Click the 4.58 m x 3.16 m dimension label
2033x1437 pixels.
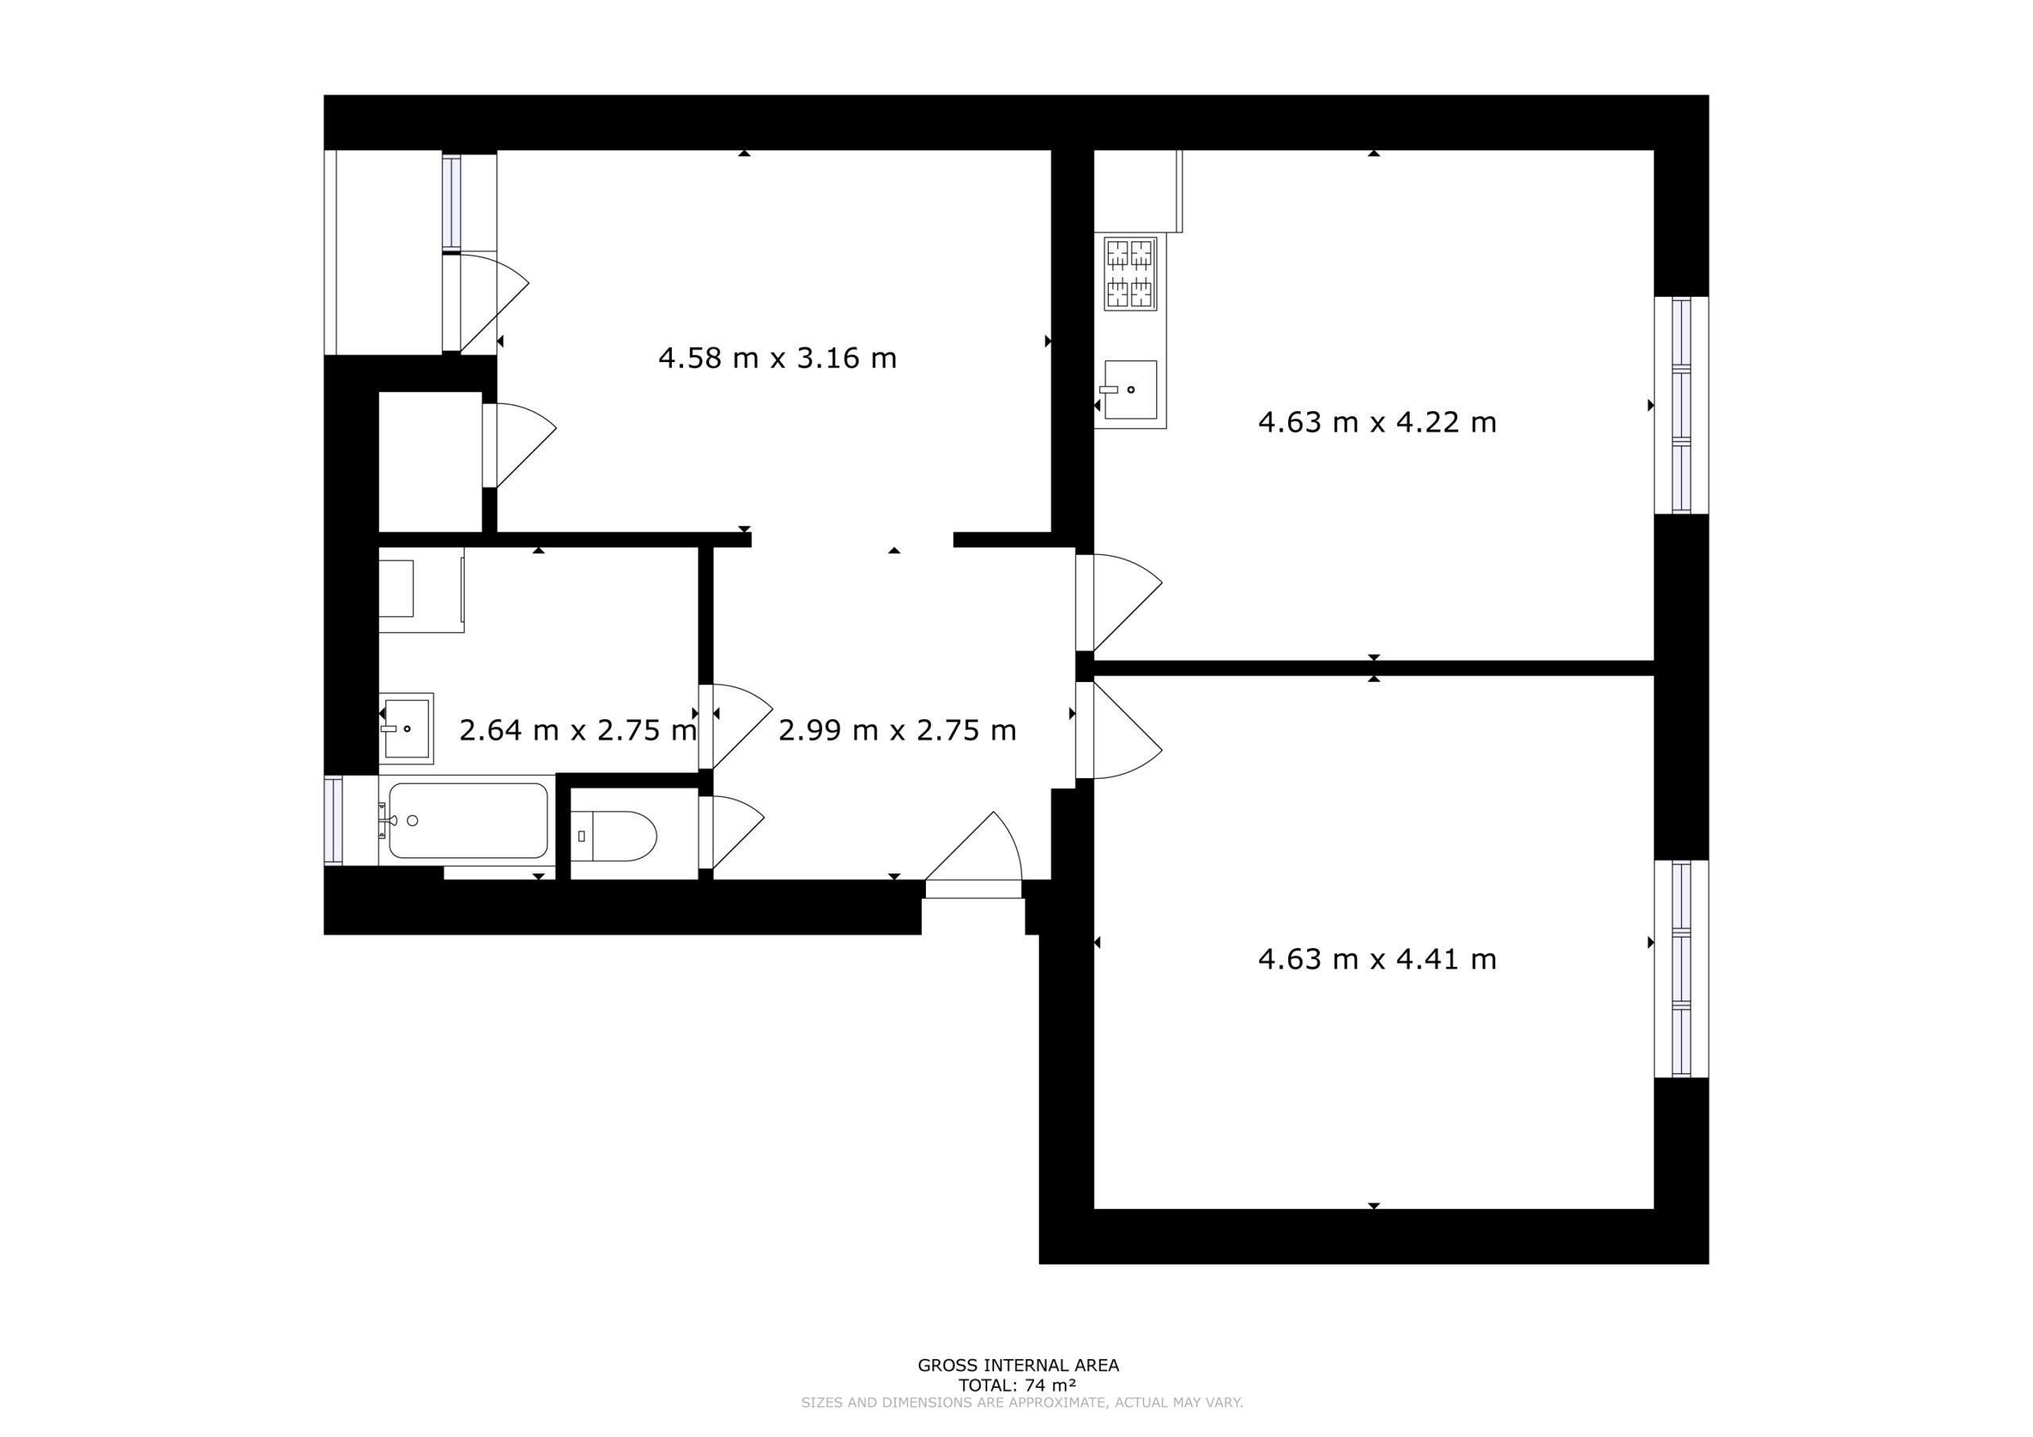[x=777, y=358]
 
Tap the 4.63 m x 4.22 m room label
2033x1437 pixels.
[x=1377, y=422]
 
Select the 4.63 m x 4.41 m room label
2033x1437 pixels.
[x=1377, y=960]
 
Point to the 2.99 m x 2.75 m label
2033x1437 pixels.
[x=897, y=730]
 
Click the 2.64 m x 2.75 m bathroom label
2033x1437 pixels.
[x=578, y=730]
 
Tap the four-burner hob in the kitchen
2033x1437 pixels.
[x=1130, y=274]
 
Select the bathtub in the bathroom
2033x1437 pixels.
[x=468, y=820]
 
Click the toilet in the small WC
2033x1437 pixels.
[x=615, y=836]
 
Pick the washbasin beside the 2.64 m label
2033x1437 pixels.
[x=407, y=729]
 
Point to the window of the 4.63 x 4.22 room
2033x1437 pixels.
[x=1681, y=406]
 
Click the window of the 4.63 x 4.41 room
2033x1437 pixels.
[x=1681, y=969]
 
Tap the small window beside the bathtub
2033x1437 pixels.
[x=333, y=820]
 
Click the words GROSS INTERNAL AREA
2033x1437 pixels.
[x=1018, y=1366]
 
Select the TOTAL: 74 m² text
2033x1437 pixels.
[x=1017, y=1385]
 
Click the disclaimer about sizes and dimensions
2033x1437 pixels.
[x=1022, y=1403]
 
